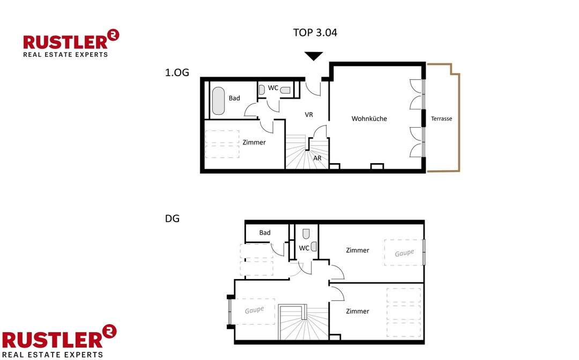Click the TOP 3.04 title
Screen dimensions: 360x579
pos(315,33)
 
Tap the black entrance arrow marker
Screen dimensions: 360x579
pos(314,56)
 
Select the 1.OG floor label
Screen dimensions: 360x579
pos(177,72)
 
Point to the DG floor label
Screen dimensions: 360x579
pos(172,219)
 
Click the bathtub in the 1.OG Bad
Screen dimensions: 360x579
pos(218,101)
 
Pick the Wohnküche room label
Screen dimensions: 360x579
pos(369,119)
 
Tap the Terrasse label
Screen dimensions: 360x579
pos(441,119)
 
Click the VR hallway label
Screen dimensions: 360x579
pos(309,115)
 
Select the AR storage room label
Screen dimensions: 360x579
pos(317,158)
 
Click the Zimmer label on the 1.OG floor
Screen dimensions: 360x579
pos(254,143)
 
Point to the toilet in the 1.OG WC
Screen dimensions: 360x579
pos(285,90)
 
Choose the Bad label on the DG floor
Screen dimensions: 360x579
pos(265,233)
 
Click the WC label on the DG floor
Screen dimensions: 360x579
pos(304,248)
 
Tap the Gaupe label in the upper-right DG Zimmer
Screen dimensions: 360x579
pos(404,253)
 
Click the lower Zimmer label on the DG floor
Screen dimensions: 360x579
pos(357,311)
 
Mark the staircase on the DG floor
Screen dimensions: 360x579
pos(303,322)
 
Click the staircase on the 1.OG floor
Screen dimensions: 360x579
pos(298,153)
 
